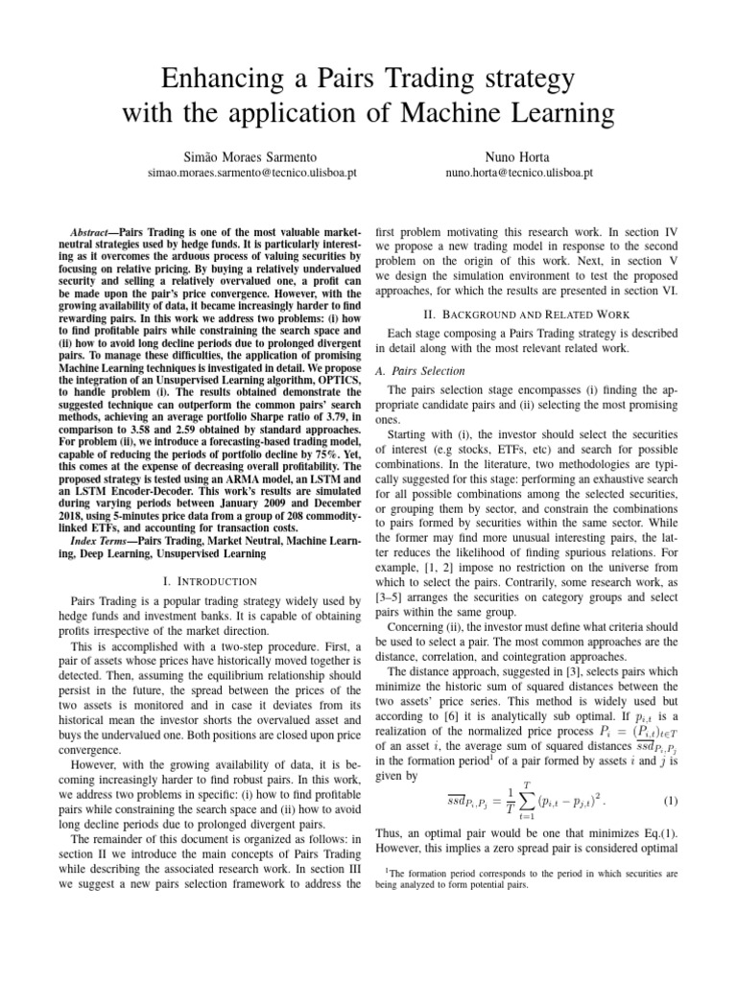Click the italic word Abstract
point(93,233)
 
